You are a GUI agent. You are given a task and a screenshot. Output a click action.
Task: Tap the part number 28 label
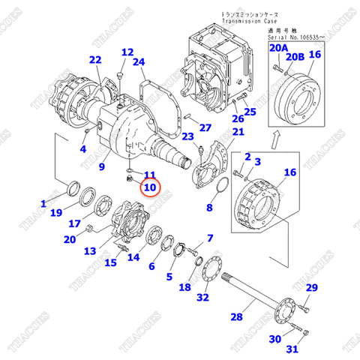(x=236, y=318)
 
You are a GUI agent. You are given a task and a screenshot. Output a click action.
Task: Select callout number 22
(x=94, y=61)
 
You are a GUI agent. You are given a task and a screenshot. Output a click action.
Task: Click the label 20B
(x=296, y=55)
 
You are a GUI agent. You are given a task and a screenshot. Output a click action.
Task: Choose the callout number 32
(x=202, y=298)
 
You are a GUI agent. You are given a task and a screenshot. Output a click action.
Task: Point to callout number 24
(x=139, y=62)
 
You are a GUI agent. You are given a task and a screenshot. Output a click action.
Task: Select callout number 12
(x=127, y=52)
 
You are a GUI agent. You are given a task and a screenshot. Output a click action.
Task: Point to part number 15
(x=110, y=262)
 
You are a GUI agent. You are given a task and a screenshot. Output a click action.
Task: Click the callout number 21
(x=238, y=133)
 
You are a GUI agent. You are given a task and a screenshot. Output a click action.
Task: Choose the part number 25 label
(x=250, y=112)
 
